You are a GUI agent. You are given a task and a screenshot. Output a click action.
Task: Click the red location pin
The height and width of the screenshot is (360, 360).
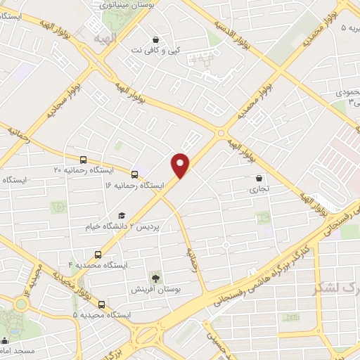pyautogui.click(x=181, y=165)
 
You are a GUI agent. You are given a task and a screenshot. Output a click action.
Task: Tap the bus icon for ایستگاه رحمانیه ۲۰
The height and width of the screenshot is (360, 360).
pyautogui.click(x=84, y=160)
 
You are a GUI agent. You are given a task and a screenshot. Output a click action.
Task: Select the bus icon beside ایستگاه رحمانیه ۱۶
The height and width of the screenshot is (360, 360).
pyautogui.click(x=135, y=172)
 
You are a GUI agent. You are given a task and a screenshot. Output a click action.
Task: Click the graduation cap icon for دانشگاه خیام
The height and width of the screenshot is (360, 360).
pyautogui.click(x=122, y=216)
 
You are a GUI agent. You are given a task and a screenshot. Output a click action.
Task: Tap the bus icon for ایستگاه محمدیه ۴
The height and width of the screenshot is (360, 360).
pyautogui.click(x=97, y=255)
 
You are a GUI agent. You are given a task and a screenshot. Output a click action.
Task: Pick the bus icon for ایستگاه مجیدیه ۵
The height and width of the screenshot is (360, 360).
pyautogui.click(x=103, y=304)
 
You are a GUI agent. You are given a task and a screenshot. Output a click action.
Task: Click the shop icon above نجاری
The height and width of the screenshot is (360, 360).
pyautogui.click(x=259, y=178)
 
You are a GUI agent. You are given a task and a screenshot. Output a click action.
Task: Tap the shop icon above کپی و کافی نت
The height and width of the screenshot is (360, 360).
pyautogui.click(x=155, y=39)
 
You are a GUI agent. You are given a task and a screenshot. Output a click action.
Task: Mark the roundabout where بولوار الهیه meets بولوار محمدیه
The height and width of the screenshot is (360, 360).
pyautogui.click(x=221, y=132)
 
